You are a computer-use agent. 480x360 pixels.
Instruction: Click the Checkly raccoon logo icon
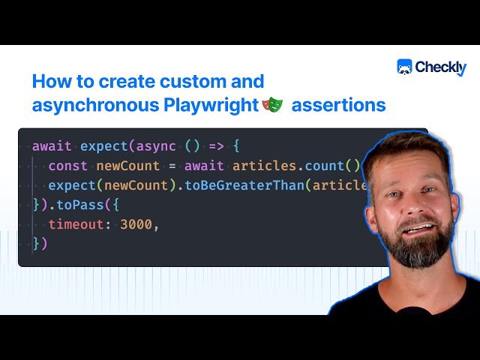(405, 67)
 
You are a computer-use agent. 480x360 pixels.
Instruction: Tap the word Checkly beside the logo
(440, 68)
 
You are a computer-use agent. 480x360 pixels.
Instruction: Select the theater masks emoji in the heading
(271, 105)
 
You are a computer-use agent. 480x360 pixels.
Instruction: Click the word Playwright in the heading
(211, 105)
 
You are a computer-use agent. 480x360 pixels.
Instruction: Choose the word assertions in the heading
(338, 105)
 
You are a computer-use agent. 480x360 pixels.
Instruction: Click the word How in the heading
(49, 81)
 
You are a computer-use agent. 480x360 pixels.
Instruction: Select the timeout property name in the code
(77, 223)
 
